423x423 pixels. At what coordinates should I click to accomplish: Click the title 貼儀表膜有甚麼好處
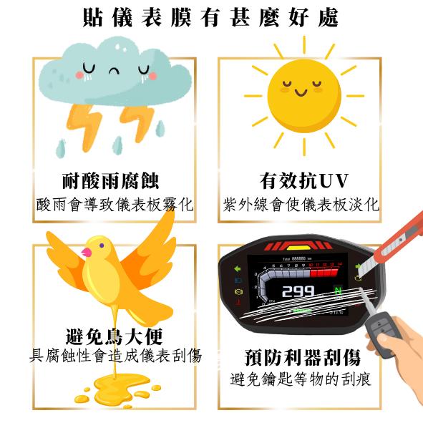tap(211, 17)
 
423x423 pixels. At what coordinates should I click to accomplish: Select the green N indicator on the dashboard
tap(338, 291)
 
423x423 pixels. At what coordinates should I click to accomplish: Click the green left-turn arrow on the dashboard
tap(237, 269)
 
